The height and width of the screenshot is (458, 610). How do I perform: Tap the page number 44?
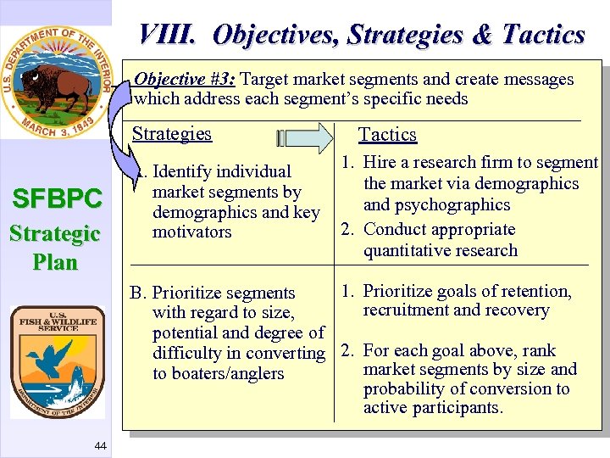[100, 446]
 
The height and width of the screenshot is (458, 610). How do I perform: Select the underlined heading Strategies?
[171, 134]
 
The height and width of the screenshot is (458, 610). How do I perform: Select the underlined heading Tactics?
[387, 135]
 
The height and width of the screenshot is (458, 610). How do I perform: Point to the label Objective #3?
[186, 80]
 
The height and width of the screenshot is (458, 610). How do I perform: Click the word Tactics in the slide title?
[543, 35]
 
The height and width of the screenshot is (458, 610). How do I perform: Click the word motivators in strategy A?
[191, 232]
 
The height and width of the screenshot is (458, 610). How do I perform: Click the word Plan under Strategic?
[56, 262]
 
